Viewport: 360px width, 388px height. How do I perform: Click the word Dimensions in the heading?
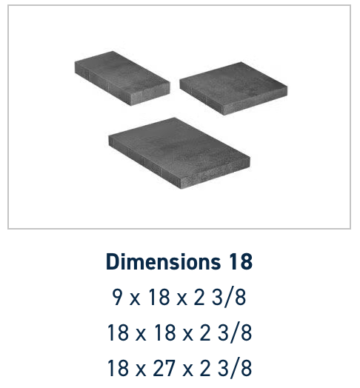163,261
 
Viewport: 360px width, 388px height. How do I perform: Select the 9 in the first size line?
117,297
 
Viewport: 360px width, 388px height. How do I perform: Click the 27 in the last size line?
164,368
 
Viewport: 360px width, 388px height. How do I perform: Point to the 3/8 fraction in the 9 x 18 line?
229,297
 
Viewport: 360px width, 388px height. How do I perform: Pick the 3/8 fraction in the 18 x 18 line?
235,332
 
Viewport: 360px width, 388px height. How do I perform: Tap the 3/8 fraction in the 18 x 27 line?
235,368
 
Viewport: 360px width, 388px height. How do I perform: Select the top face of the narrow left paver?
122,73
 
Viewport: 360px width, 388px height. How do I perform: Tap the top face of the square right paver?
233,84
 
